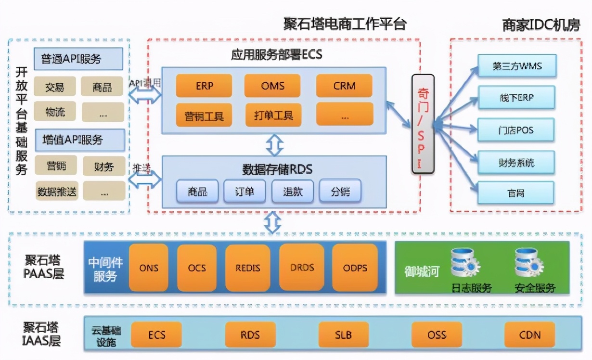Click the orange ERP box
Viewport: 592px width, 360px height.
click(204, 86)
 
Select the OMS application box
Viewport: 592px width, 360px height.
click(272, 86)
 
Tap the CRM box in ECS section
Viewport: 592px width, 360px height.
click(344, 86)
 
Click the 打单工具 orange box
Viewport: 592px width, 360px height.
click(273, 115)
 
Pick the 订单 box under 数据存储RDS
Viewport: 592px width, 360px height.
click(245, 192)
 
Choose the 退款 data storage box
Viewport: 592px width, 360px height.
click(293, 192)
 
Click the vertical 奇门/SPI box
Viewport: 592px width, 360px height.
click(423, 124)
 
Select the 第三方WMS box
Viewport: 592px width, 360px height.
click(517, 66)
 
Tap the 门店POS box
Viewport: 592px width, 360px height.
click(516, 130)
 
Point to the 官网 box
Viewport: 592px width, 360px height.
click(516, 193)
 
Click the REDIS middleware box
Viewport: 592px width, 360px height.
click(247, 268)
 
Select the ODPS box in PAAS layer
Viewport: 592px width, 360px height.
click(355, 268)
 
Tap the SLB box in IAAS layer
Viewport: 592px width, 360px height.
click(343, 335)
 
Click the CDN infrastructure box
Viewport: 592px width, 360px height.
click(529, 335)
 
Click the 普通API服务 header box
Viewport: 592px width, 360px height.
click(78, 59)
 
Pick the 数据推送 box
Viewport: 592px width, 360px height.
click(57, 191)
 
